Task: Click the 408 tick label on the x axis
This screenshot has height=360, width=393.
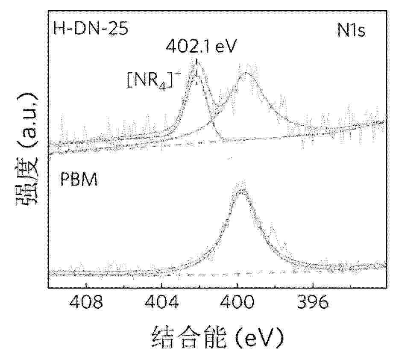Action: (86, 304)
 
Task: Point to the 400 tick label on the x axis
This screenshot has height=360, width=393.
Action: (237, 304)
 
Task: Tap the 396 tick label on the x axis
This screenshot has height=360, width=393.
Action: (313, 304)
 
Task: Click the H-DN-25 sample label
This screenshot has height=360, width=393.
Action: (90, 30)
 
